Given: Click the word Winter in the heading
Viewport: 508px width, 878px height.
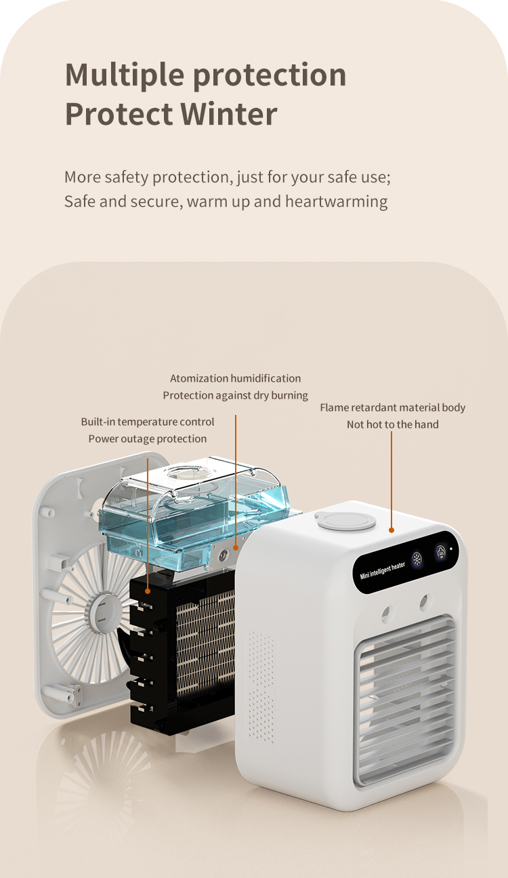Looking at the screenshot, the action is pos(229,114).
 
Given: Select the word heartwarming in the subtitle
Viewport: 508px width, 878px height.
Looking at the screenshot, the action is pos(337,201).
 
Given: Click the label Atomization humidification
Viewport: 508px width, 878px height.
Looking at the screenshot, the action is pos(236,378).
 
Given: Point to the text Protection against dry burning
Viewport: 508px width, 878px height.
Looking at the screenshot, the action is pos(236,395).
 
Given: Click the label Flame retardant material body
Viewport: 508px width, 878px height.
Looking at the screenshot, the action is pos(392,407).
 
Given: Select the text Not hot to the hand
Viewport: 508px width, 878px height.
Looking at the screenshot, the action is pos(392,424).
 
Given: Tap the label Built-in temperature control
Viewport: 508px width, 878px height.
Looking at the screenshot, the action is pos(147,422).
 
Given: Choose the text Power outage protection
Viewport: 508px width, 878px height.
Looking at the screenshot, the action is pos(147,439).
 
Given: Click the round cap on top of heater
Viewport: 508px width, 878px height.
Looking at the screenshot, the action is pos(345,520).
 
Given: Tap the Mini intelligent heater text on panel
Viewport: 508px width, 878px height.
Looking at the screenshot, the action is pos(382,571).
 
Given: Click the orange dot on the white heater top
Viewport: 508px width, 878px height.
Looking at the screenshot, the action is pos(391,530).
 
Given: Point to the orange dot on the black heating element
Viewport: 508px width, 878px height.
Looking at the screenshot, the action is pos(148,591).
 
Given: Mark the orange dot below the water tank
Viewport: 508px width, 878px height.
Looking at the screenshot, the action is pos(236,547).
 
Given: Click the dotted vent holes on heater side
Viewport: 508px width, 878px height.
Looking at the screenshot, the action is pos(261,686).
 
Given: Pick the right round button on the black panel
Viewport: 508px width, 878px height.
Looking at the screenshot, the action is pos(441,552).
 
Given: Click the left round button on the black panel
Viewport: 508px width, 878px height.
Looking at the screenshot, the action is pos(417,559).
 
